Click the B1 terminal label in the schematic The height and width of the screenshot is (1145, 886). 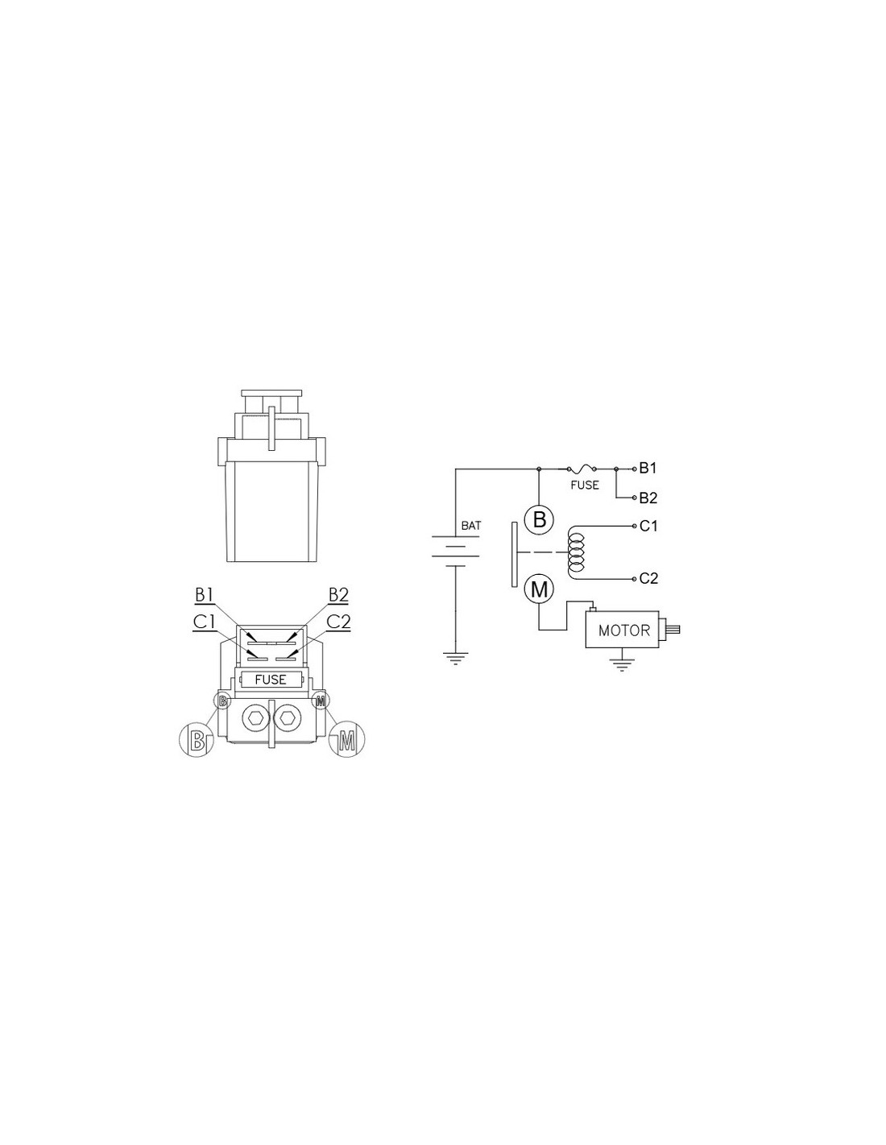(648, 468)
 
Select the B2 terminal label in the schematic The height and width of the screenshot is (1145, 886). (648, 498)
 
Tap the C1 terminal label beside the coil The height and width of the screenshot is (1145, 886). (648, 526)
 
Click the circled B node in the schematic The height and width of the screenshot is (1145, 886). (539, 520)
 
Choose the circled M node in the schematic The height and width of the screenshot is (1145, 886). (539, 589)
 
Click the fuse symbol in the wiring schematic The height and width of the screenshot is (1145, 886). (582, 468)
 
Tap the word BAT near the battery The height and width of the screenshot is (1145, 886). (470, 525)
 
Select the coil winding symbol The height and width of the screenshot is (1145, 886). (574, 552)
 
